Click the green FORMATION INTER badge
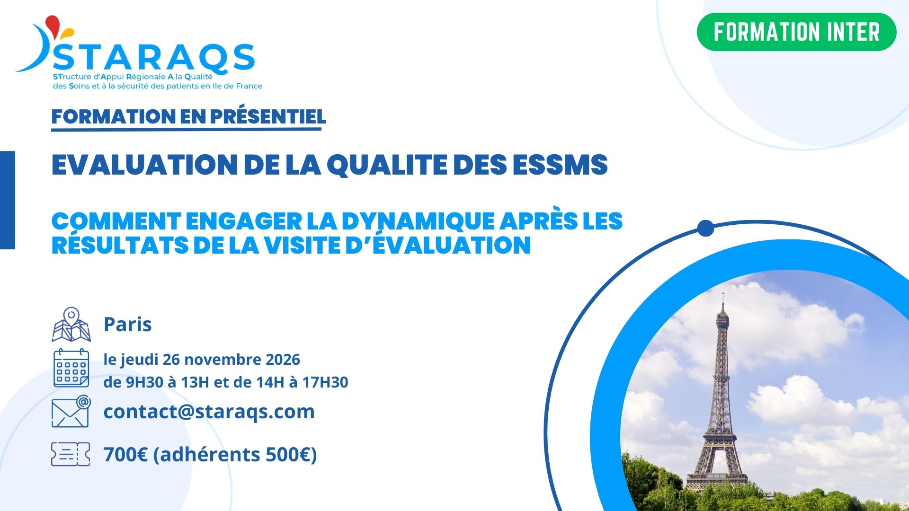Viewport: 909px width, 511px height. click(796, 32)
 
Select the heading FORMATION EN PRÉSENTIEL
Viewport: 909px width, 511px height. click(188, 117)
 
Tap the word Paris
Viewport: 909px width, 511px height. click(128, 325)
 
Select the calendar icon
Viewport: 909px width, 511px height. click(71, 368)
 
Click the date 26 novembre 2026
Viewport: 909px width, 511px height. click(232, 360)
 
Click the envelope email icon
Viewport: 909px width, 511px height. click(71, 411)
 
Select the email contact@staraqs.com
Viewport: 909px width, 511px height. click(209, 412)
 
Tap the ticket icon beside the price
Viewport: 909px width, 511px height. click(71, 454)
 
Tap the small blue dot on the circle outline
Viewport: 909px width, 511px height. click(705, 228)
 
